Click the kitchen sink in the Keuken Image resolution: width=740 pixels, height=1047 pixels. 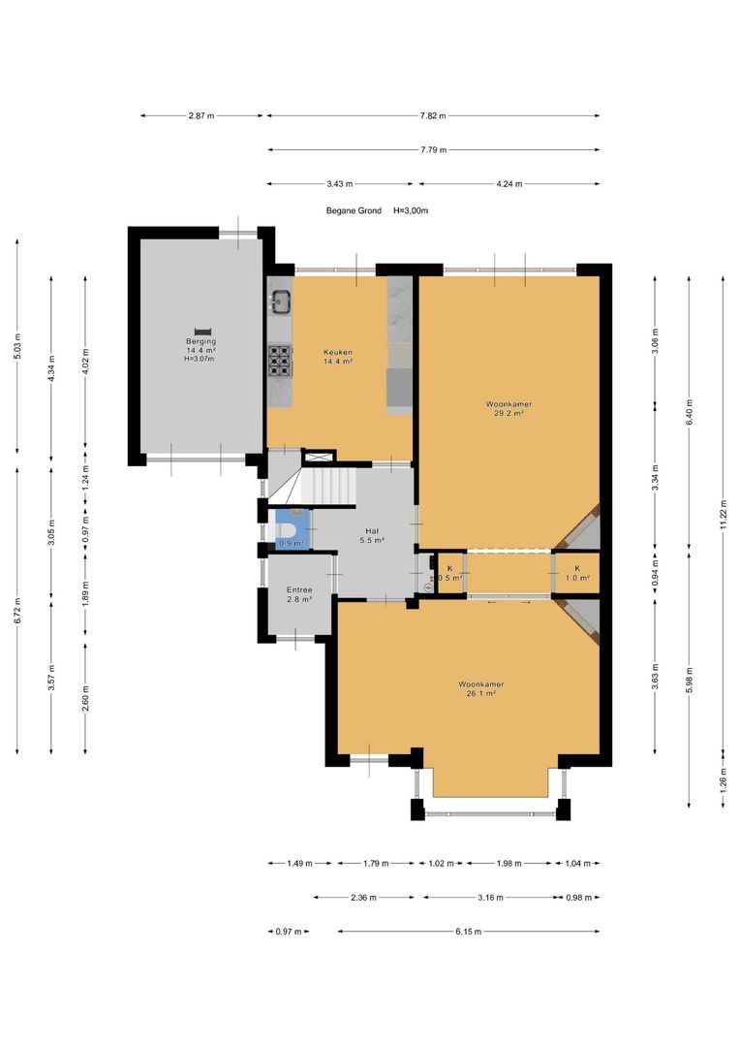pos(280,301)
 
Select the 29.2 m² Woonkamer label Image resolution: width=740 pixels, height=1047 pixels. pos(509,408)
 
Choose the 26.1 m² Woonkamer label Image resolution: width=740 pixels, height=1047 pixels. pos(480,688)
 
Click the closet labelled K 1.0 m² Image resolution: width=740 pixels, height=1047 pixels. pos(577,573)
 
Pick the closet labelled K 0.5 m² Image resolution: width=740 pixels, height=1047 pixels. pos(449,573)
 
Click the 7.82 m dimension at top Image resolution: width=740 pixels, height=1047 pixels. pos(433,115)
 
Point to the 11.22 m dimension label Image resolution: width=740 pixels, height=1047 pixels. pos(723,514)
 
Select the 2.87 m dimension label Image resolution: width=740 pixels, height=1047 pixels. pos(201,115)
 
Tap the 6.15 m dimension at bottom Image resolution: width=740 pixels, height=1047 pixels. pos(469,931)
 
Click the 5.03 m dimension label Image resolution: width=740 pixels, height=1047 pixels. pos(17,346)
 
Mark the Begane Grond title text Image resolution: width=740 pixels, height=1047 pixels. pos(354,210)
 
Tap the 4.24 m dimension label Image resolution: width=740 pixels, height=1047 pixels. pos(509,183)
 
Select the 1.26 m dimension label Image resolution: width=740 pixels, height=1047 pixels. pos(723,779)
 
